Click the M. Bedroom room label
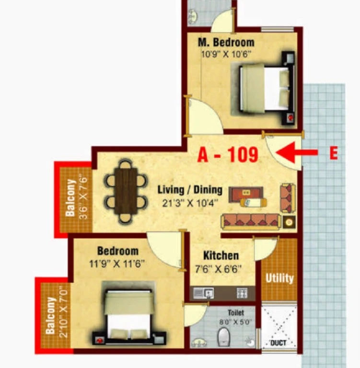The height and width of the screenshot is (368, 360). click(x=226, y=43)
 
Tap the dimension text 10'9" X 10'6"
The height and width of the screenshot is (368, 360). click(x=226, y=54)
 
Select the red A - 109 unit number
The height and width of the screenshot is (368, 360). click(x=228, y=154)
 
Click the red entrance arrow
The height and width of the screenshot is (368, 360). click(x=297, y=152)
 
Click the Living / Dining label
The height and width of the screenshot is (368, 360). click(x=190, y=190)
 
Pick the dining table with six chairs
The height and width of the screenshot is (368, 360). click(x=126, y=191)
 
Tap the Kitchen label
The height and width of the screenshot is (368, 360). click(x=221, y=255)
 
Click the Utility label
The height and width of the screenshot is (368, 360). click(x=279, y=278)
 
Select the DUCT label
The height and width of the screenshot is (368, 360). click(x=279, y=343)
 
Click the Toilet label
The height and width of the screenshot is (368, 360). click(x=236, y=312)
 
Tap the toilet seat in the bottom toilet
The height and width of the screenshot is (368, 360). click(x=223, y=337)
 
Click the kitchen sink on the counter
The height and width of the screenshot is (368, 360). click(x=203, y=293)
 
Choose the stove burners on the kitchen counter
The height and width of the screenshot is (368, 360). click(x=242, y=293)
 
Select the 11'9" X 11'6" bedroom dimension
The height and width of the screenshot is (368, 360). click(x=116, y=264)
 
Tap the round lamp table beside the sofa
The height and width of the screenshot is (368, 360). click(x=289, y=222)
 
